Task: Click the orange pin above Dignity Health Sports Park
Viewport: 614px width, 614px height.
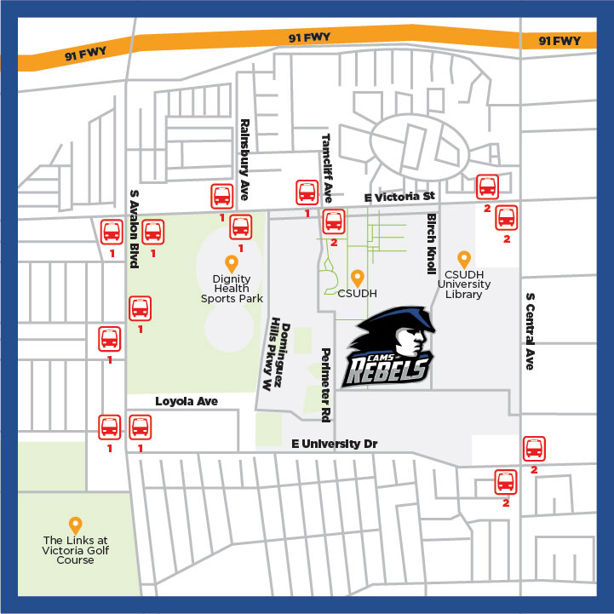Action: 230,264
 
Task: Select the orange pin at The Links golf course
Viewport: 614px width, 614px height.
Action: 75,526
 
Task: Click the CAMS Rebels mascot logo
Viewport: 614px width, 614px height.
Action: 390,349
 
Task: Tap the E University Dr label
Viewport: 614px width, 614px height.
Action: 334,445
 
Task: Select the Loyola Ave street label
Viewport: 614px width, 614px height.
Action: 186,400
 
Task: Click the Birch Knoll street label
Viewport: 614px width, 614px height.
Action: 432,243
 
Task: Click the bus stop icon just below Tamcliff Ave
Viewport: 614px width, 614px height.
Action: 333,223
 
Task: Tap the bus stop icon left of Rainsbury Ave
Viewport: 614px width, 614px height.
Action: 221,197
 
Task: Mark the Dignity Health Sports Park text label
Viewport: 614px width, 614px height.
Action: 232,288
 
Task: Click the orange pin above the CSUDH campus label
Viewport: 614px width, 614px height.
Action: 359,278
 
